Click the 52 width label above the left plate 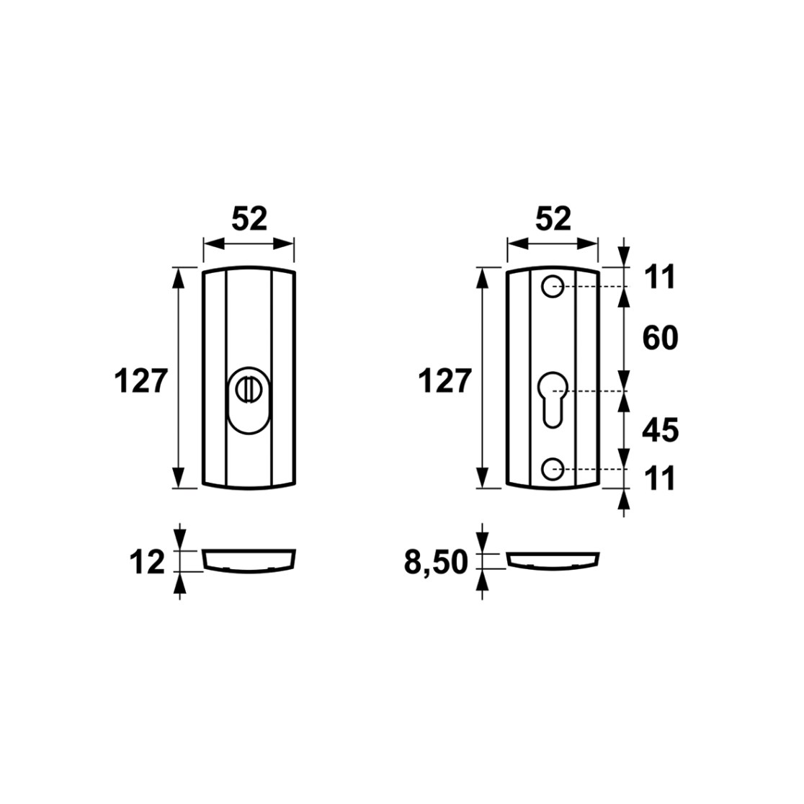(249, 219)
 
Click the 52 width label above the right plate (553, 219)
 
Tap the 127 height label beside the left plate (141, 381)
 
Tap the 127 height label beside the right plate (445, 381)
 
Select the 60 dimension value (661, 338)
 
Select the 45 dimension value (661, 430)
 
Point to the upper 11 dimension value (660, 277)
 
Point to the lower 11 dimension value (660, 478)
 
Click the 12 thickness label (147, 562)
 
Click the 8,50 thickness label (436, 563)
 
